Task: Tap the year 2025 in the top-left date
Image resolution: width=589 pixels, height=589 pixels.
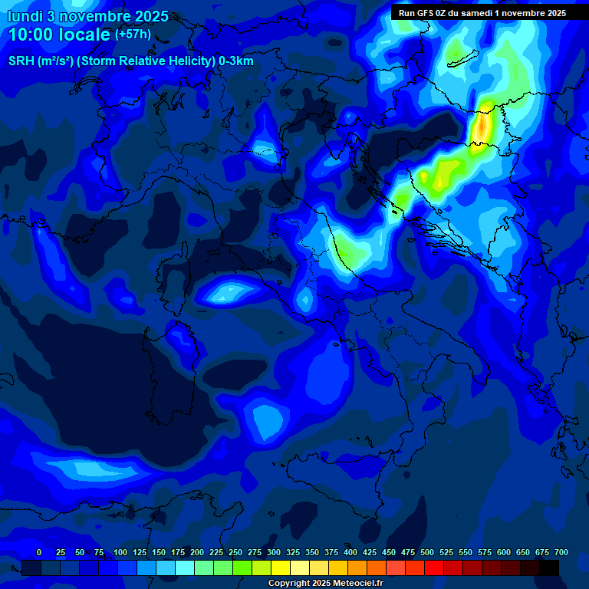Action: point(148,16)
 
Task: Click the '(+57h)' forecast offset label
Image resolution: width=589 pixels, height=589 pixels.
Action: point(133,35)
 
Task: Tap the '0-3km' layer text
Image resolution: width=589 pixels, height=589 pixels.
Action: point(236,61)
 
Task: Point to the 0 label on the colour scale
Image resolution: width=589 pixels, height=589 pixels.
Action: point(39,553)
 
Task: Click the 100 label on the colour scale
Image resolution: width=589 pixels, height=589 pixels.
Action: point(120,553)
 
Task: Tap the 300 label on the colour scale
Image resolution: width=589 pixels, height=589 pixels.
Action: point(274,553)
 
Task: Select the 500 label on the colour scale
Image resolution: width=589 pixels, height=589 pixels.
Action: point(427,553)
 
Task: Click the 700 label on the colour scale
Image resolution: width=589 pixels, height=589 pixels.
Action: point(561,553)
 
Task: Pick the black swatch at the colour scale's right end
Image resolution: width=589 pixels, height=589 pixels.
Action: point(549,568)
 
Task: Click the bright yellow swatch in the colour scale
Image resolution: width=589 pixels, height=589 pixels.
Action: point(281,568)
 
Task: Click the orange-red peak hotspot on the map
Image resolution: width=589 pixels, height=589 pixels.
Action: point(481,127)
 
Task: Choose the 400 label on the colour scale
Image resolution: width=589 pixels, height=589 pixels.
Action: point(350,553)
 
